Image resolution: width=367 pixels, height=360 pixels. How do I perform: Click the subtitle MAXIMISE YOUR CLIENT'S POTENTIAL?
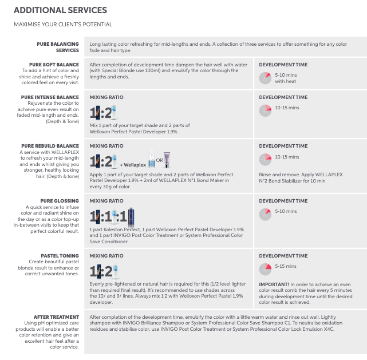63,25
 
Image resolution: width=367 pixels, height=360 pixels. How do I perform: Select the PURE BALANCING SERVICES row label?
58,47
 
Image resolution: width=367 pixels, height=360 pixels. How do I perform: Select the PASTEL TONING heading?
60,256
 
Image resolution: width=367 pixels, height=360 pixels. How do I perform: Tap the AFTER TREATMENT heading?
57,317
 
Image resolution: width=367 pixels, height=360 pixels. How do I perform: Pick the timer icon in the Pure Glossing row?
265,213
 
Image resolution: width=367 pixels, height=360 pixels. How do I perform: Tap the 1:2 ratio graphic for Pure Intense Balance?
104,112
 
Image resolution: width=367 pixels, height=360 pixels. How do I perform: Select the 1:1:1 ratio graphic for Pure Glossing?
108,216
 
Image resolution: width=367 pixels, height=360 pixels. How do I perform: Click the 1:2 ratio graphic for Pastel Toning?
104,271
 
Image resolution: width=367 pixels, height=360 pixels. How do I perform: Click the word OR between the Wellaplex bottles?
160,159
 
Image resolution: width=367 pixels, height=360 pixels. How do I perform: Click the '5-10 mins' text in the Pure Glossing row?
286,211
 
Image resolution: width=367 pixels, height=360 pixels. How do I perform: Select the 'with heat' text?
286,81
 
